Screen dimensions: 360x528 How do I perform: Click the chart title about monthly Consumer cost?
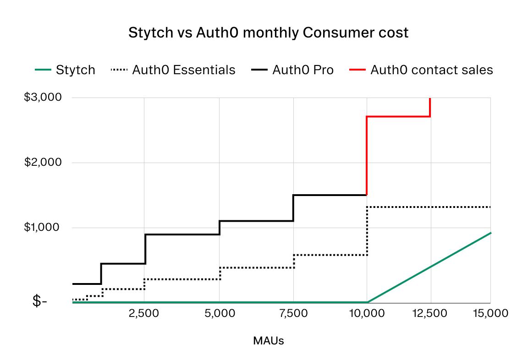268,33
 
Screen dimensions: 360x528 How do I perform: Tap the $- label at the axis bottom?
39,302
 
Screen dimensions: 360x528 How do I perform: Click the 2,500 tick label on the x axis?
144,313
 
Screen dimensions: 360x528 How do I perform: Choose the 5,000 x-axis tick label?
219,313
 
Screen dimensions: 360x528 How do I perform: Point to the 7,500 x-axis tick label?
293,313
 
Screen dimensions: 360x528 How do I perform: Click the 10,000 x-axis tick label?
366,313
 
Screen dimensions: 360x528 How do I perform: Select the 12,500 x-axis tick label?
429,313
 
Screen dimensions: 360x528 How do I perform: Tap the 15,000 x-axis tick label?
490,313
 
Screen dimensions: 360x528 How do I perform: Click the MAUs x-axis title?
268,341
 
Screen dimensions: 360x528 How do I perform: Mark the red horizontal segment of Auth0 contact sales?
398,116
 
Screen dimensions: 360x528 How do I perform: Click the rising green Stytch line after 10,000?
429,267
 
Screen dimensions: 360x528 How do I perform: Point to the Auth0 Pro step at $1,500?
330,195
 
